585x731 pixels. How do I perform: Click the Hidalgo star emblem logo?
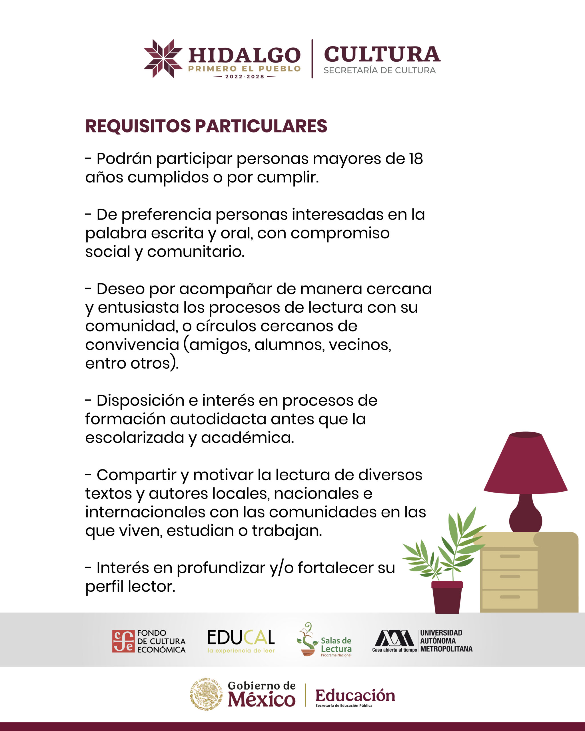click(163, 58)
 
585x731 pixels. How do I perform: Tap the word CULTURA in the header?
click(382, 55)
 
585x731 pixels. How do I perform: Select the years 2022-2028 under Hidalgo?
click(245, 77)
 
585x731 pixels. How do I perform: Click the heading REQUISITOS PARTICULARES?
click(206, 126)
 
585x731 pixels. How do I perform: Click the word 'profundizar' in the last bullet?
click(221, 568)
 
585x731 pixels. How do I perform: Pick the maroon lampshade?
click(525, 465)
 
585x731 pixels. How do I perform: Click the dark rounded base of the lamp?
click(525, 519)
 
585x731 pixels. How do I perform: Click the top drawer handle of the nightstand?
click(510, 556)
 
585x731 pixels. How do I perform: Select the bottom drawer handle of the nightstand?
click(510, 597)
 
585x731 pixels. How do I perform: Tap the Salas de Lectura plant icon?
click(307, 639)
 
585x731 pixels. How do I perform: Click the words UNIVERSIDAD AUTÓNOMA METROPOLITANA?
click(446, 641)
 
